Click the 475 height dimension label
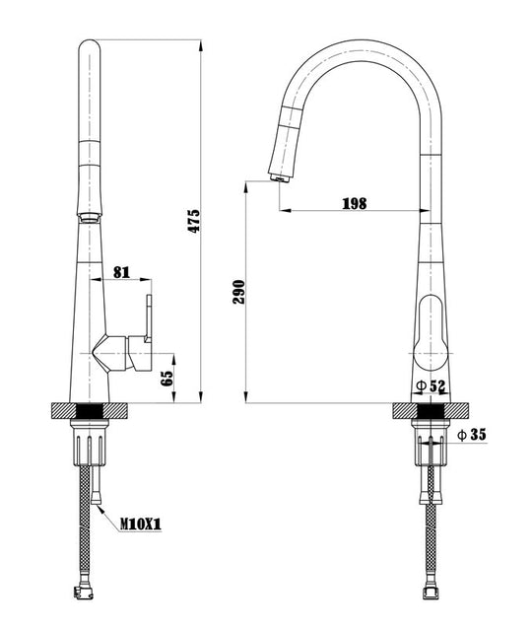(x=194, y=221)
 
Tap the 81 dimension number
(x=122, y=272)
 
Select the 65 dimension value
(x=166, y=379)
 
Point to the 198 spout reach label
(x=355, y=203)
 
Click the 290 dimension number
(x=239, y=292)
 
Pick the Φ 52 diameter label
(x=431, y=386)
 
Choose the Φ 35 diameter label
(x=472, y=434)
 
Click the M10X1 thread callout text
(x=141, y=523)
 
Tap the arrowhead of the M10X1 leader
(x=100, y=509)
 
